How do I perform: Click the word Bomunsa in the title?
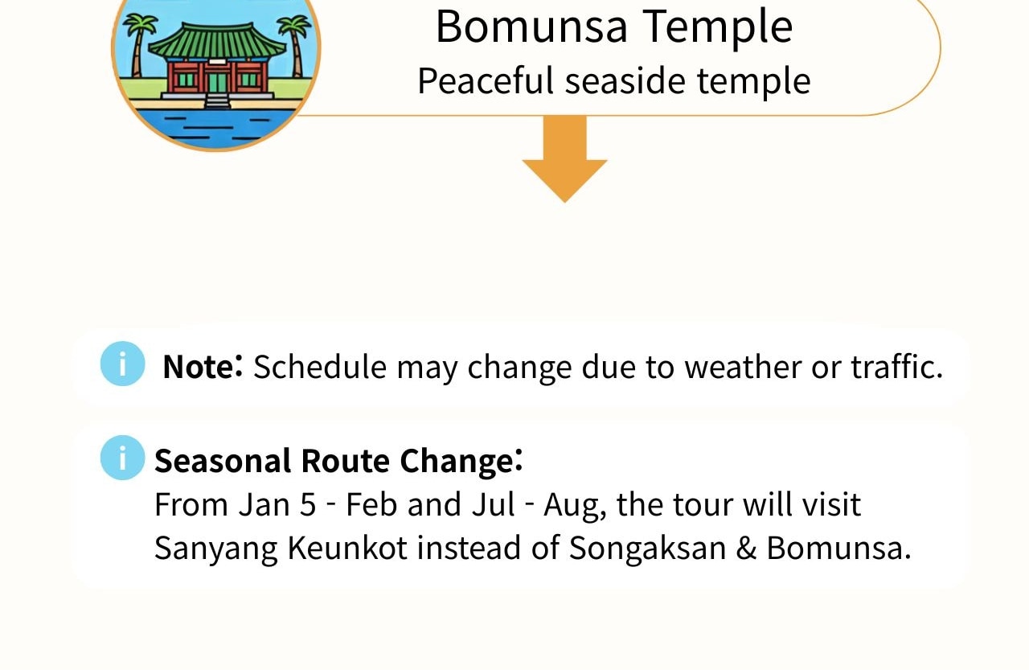531,27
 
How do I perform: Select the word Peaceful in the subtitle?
486,80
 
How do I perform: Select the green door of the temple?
217,82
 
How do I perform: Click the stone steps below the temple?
217,101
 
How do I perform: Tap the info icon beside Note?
123,364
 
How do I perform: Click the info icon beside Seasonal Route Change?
123,458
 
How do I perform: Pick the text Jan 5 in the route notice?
277,504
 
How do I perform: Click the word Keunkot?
347,548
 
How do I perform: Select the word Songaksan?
647,549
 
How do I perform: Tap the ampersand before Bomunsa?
746,548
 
